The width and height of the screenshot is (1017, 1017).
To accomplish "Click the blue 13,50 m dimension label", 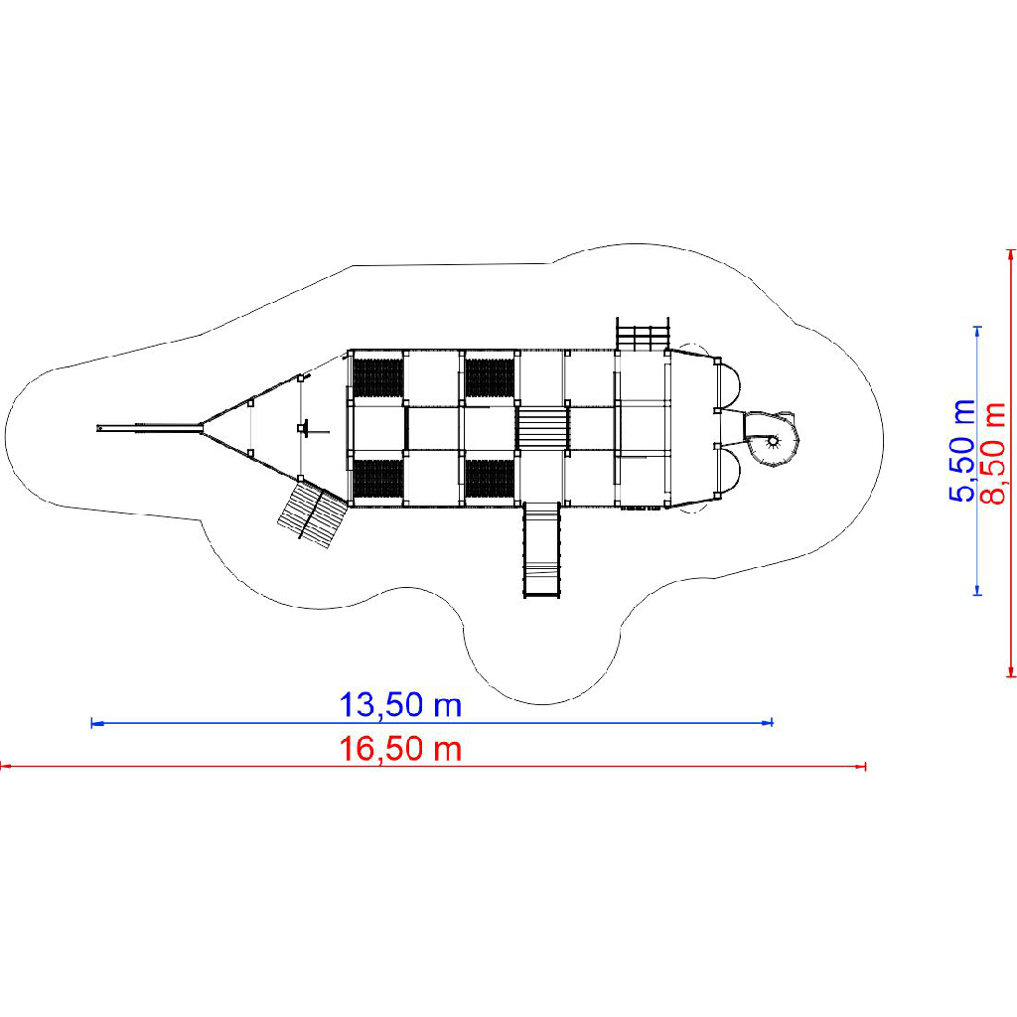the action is click(x=400, y=705).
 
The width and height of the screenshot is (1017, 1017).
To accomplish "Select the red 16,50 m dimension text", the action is click(x=400, y=749).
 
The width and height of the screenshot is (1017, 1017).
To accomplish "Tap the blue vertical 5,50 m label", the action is click(x=962, y=451).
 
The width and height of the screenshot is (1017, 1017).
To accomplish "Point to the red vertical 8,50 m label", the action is click(x=993, y=453).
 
